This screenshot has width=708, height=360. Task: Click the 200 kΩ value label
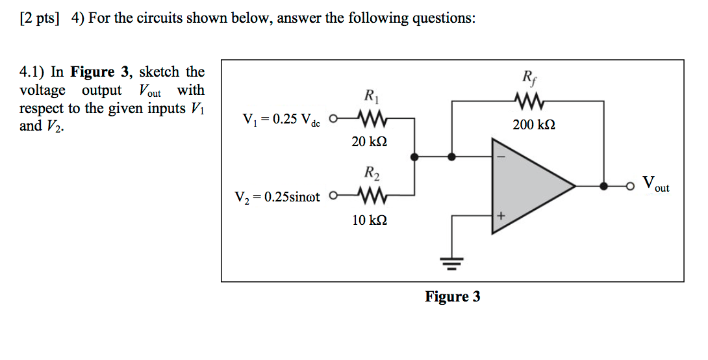pyautogui.click(x=532, y=125)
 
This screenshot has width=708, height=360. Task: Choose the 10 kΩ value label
pyautogui.click(x=369, y=220)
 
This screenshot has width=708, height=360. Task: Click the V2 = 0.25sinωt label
pyautogui.click(x=277, y=196)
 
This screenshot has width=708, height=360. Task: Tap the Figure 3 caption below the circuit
pyautogui.click(x=453, y=297)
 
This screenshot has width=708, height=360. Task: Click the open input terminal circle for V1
pyautogui.click(x=333, y=119)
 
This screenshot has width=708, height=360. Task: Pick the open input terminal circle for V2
pyautogui.click(x=333, y=194)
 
